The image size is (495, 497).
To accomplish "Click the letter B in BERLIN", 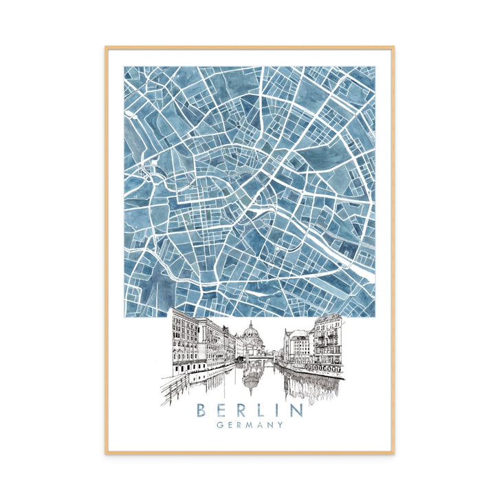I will pos(201,411).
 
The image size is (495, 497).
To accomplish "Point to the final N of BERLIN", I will pos(297,411).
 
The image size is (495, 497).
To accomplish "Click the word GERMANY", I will pos(250,425).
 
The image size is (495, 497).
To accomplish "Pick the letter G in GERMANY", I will pos(219,425).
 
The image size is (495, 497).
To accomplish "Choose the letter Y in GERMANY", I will pos(280,425).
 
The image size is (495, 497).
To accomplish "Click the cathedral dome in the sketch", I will pos(251,335).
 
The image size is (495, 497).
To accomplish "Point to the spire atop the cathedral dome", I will pos(251,322).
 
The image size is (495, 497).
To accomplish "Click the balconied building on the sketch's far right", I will pos(327,341).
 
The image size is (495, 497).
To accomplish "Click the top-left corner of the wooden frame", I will pos(107,47).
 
